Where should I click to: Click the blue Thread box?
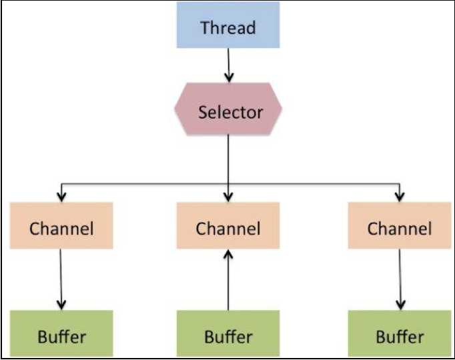228,25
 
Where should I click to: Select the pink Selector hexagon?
228,109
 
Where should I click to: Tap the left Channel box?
61,225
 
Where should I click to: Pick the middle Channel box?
228,225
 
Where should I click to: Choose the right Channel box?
400,225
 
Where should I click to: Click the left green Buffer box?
61,333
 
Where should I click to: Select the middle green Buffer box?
228,333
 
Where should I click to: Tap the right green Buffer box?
400,333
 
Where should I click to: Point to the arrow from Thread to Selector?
229,65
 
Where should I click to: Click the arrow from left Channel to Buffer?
61,279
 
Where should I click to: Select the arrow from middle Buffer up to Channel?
228,280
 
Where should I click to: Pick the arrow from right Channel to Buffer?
400,279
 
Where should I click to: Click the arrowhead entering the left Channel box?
61,197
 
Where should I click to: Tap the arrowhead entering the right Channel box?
400,197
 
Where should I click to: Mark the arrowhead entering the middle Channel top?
228,197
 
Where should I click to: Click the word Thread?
228,27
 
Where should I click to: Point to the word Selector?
230,112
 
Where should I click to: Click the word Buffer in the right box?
400,337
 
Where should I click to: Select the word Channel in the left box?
61,229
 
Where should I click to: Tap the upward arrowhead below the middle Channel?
228,255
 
